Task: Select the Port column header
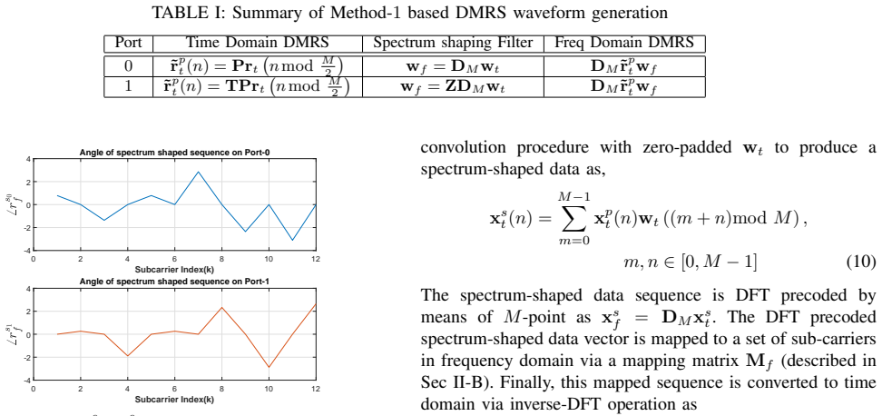(x=128, y=44)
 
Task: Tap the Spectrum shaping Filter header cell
(x=453, y=44)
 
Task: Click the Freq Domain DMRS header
(x=624, y=44)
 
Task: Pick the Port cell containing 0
(x=128, y=66)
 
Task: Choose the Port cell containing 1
(x=128, y=86)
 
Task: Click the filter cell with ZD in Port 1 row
(x=453, y=87)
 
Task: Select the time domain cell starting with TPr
(x=257, y=86)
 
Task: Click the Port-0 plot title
(x=174, y=152)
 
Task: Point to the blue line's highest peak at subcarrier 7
(x=198, y=172)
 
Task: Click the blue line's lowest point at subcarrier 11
(x=292, y=241)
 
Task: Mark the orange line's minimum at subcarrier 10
(x=269, y=368)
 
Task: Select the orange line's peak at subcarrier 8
(x=221, y=307)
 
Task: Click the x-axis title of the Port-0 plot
(x=174, y=269)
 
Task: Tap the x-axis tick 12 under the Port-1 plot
(x=316, y=389)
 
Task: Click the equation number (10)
(x=861, y=262)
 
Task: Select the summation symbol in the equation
(x=572, y=218)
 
